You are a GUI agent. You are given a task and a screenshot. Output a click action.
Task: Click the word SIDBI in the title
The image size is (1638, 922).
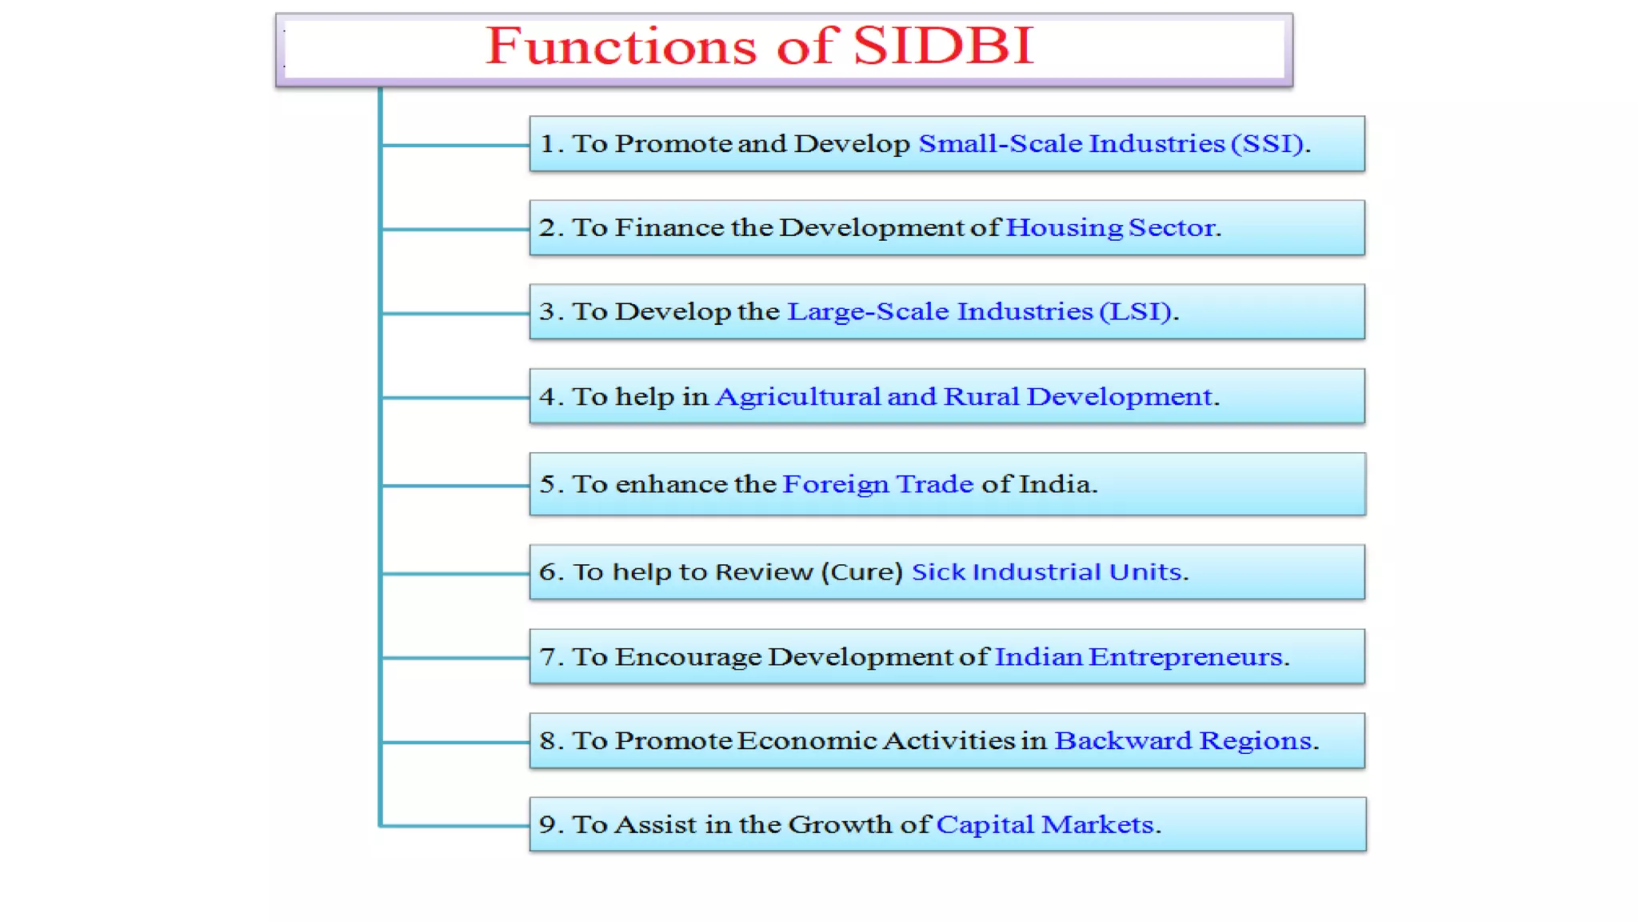[x=944, y=46]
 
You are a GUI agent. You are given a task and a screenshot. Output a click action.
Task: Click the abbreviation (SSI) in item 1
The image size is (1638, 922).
[x=1268, y=143]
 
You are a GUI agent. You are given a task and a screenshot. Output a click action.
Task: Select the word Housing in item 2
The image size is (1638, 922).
[x=1064, y=228]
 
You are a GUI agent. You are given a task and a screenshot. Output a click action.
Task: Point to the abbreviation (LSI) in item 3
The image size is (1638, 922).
[x=1136, y=311]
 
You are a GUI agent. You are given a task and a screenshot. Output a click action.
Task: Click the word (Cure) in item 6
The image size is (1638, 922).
[x=862, y=572]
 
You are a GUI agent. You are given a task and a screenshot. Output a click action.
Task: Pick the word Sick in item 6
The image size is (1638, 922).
[x=938, y=572]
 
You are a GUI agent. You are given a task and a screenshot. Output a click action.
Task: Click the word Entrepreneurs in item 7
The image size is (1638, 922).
[x=1185, y=657]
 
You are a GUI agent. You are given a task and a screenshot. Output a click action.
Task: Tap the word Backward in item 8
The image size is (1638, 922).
[x=1122, y=741]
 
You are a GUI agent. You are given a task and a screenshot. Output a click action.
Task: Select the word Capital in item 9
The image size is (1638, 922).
[x=985, y=825]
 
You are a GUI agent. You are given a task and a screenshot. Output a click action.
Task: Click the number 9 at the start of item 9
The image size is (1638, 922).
[x=547, y=824]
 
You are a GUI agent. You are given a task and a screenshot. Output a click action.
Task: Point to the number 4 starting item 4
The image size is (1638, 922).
[x=547, y=396]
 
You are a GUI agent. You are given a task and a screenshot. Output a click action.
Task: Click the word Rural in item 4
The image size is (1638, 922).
[x=981, y=397]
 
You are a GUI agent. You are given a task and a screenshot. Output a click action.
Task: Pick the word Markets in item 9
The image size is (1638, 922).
[x=1097, y=825]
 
